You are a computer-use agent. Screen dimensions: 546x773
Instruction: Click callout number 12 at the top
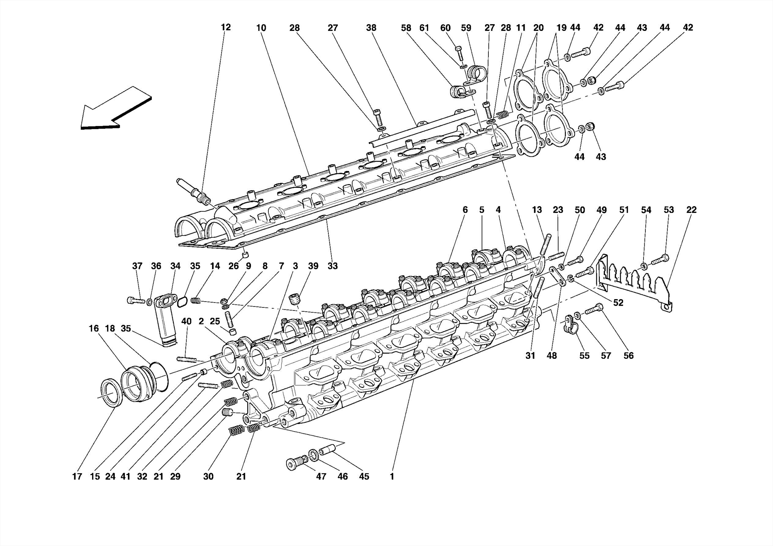coord(226,28)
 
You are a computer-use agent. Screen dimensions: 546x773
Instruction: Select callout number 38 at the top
coord(371,28)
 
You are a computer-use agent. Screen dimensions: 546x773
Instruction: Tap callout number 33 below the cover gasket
coord(332,266)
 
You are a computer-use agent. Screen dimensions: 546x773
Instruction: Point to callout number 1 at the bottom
coord(392,477)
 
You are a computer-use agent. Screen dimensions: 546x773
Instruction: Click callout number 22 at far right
coord(691,210)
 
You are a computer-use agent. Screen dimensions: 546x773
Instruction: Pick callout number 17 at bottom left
coord(77,477)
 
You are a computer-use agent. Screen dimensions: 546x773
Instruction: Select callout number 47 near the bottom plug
coord(321,477)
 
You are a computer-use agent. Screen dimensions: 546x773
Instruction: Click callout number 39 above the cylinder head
coord(313,266)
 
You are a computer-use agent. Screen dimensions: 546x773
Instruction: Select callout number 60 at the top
coord(445,28)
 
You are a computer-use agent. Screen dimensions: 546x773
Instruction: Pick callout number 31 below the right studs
coord(530,355)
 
